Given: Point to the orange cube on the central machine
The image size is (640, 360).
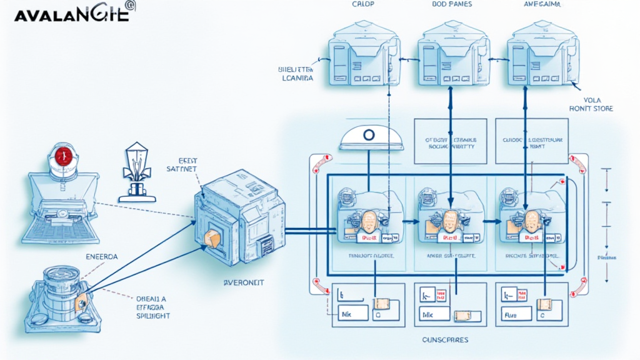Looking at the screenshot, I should [211, 237].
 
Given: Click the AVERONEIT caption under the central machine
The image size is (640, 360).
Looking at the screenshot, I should [243, 282].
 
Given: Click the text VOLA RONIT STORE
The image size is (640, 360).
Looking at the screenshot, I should [591, 104].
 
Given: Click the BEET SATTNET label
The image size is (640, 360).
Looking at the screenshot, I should [183, 164].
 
